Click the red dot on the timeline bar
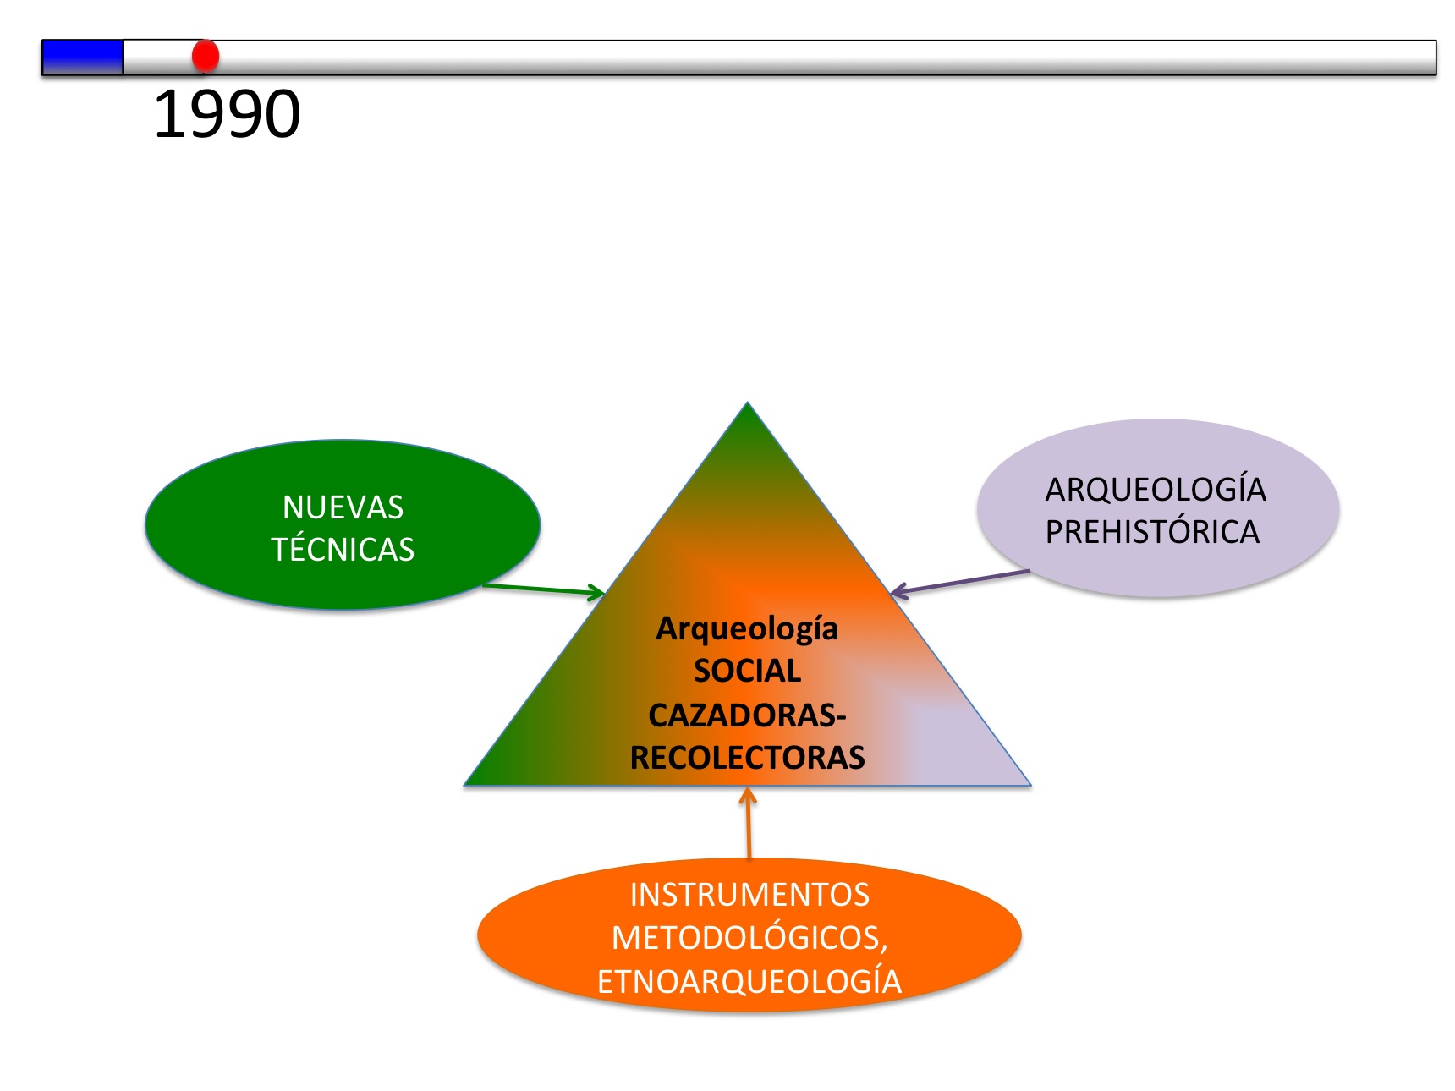tap(206, 56)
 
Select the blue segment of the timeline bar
tap(82, 58)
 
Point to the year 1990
tap(227, 114)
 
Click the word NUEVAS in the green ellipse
tap(343, 507)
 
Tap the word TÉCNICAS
tap(343, 550)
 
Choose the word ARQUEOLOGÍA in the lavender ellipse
tap(1156, 490)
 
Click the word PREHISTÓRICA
tap(1152, 532)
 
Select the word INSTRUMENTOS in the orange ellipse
tap(749, 895)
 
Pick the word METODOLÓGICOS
tap(749, 938)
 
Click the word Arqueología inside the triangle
tap(747, 629)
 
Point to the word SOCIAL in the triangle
tap(747, 672)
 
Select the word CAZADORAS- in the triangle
tap(747, 715)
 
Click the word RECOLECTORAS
tap(747, 758)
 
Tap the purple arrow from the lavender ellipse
tap(960, 582)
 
